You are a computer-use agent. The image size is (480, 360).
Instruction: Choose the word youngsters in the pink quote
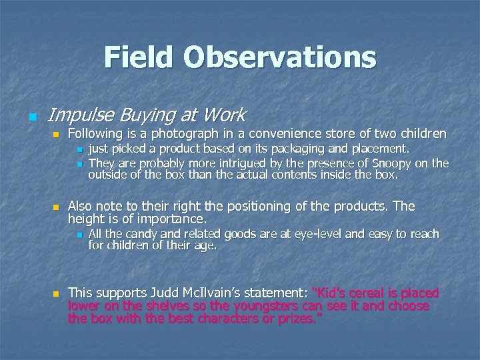tap(281, 305)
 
